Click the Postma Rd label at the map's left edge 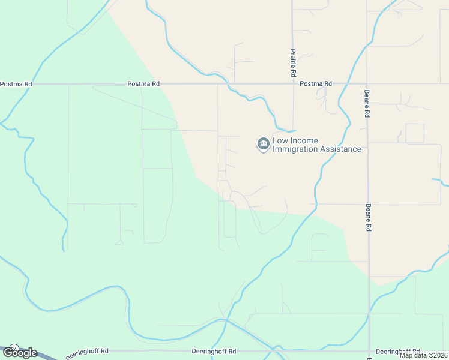coord(16,84)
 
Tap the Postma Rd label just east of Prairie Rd coord(316,84)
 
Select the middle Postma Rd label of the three coord(143,84)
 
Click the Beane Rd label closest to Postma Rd coord(367,103)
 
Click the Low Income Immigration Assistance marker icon coord(263,144)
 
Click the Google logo coord(19,353)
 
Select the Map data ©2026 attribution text coord(423,355)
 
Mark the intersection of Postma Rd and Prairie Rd coord(292,84)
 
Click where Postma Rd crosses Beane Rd coord(367,84)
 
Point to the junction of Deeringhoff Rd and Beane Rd coord(369,351)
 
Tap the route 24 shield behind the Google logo coord(14,348)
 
